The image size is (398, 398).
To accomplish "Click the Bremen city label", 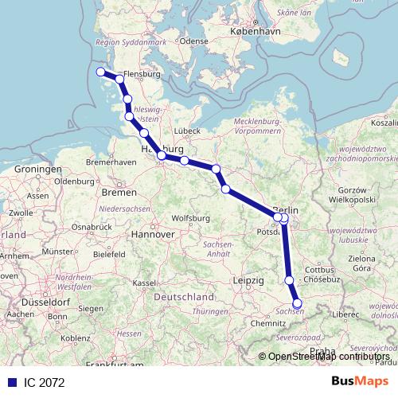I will point(119,193).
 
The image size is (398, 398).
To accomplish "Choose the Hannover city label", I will point(154,235).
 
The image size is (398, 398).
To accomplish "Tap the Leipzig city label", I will point(249,281).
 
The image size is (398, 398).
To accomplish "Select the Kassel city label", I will point(144,283).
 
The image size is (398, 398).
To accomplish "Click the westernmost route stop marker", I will point(101,72).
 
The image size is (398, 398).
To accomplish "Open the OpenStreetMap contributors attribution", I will point(330,356).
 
